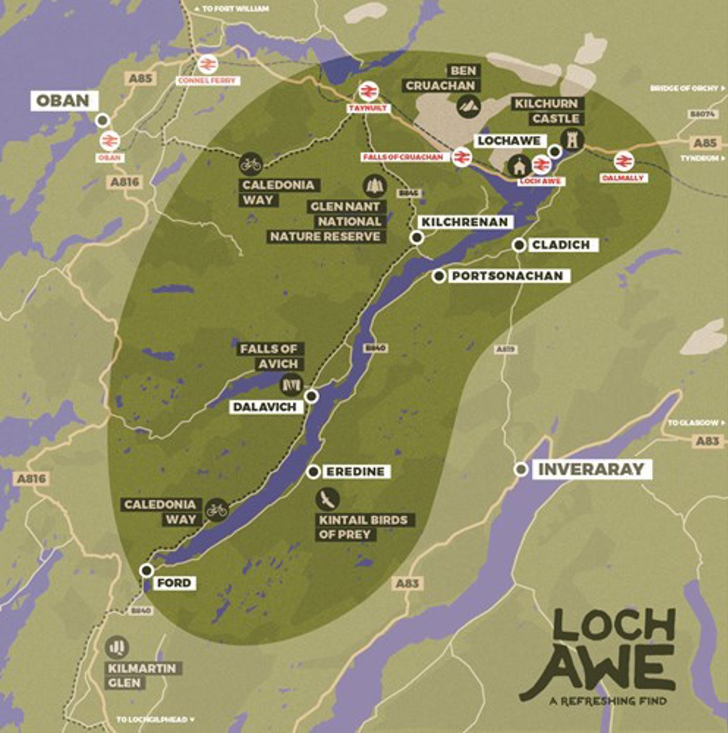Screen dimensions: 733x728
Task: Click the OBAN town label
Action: pyautogui.click(x=63, y=101)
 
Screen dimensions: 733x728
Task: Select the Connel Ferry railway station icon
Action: pyautogui.click(x=206, y=64)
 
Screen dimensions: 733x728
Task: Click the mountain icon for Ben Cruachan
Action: pyautogui.click(x=469, y=106)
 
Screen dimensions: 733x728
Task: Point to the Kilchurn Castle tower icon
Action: pyautogui.click(x=571, y=138)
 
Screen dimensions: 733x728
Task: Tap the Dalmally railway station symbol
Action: pyautogui.click(x=623, y=161)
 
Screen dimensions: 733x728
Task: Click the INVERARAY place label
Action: pyautogui.click(x=591, y=470)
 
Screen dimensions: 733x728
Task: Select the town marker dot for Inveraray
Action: pyautogui.click(x=520, y=470)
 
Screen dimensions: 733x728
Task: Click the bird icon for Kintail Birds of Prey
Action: pyautogui.click(x=328, y=499)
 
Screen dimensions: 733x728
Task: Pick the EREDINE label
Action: pyautogui.click(x=355, y=472)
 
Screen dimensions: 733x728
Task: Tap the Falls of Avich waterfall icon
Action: pyautogui.click(x=291, y=385)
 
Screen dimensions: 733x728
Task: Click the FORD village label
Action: pyautogui.click(x=174, y=583)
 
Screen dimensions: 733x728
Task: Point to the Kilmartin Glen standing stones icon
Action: pyautogui.click(x=117, y=647)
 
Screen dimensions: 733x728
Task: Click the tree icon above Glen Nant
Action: pyautogui.click(x=374, y=186)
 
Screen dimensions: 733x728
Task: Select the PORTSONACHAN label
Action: pyautogui.click(x=507, y=276)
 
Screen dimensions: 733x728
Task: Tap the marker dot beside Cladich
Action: pyautogui.click(x=519, y=245)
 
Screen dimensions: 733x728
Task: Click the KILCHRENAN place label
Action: pyautogui.click(x=465, y=222)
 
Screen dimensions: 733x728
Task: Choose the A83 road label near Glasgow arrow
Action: pyautogui.click(x=708, y=441)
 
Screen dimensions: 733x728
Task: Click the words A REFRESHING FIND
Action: pyautogui.click(x=607, y=701)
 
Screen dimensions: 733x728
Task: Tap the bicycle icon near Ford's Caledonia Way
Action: pyautogui.click(x=216, y=510)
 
